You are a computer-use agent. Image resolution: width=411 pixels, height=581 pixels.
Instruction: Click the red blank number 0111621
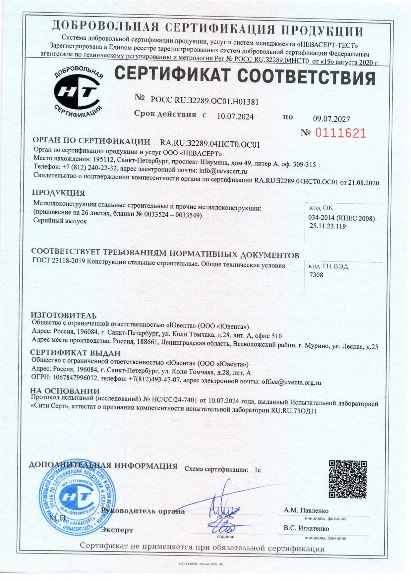click(340, 133)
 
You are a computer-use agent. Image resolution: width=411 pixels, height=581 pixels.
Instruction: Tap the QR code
click(347, 479)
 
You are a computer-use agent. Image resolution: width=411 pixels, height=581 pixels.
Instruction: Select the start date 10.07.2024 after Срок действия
click(235, 117)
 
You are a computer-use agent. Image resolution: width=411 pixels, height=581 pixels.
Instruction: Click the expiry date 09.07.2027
click(331, 119)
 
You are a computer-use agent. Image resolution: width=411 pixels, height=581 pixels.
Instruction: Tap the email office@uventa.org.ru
click(291, 382)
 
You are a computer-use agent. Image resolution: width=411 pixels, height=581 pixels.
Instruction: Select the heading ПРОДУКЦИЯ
click(58, 193)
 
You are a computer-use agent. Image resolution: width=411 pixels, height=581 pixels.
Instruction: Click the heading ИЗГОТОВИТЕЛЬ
click(64, 315)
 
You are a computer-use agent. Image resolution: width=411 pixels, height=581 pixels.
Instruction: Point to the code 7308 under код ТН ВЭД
click(316, 275)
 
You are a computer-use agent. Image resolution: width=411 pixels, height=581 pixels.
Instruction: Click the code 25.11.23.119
click(327, 226)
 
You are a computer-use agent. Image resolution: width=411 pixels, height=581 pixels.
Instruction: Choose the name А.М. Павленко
click(306, 510)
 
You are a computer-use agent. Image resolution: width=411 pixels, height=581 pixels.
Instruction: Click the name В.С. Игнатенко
click(306, 528)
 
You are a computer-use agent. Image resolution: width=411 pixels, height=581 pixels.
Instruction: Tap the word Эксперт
click(117, 530)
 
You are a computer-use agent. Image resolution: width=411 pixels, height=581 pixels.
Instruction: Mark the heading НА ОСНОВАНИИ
click(65, 391)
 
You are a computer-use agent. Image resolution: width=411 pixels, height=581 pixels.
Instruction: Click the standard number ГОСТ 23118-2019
click(59, 261)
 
